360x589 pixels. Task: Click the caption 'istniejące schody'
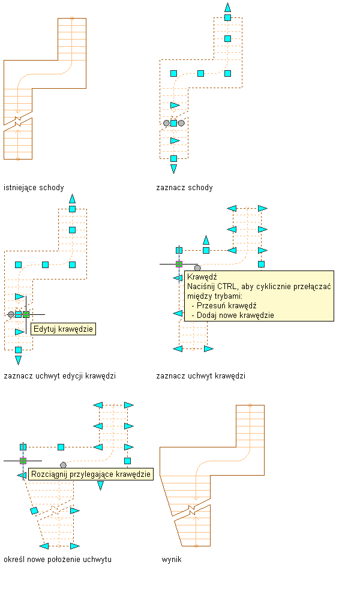click(x=34, y=187)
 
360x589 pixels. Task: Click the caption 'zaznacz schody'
click(x=184, y=187)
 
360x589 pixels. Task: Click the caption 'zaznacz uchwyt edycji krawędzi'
click(x=59, y=376)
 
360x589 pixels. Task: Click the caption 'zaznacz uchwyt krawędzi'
click(x=200, y=376)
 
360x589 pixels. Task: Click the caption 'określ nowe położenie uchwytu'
click(x=58, y=559)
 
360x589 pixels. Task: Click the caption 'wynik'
click(x=172, y=559)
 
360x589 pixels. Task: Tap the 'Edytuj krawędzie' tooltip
click(x=63, y=329)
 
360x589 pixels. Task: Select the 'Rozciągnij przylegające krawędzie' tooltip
click(x=91, y=474)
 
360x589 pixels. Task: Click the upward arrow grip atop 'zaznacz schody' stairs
click(x=227, y=7)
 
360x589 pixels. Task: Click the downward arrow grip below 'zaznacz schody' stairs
click(x=173, y=169)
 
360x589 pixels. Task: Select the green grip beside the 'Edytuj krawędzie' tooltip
click(x=26, y=314)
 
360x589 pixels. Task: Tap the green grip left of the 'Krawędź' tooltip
click(x=179, y=263)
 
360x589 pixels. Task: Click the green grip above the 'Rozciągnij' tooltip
click(x=23, y=461)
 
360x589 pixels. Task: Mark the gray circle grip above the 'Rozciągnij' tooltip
click(x=63, y=465)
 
